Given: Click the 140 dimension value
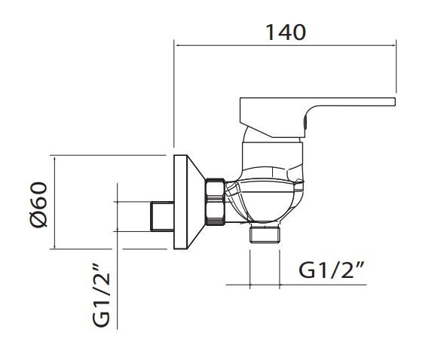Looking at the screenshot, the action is [286, 32].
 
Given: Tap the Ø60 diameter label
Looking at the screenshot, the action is [38, 204].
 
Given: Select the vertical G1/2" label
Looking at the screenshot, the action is [101, 295].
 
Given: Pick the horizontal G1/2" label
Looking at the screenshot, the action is [331, 270].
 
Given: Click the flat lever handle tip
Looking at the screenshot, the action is [394, 102].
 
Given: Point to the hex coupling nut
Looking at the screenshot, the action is [215, 202].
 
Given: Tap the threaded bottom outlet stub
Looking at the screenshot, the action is [265, 233].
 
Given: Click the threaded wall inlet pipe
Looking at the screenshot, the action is [162, 216].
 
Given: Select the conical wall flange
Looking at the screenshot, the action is [188, 202].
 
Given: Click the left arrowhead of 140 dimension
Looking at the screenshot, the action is [176, 45].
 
